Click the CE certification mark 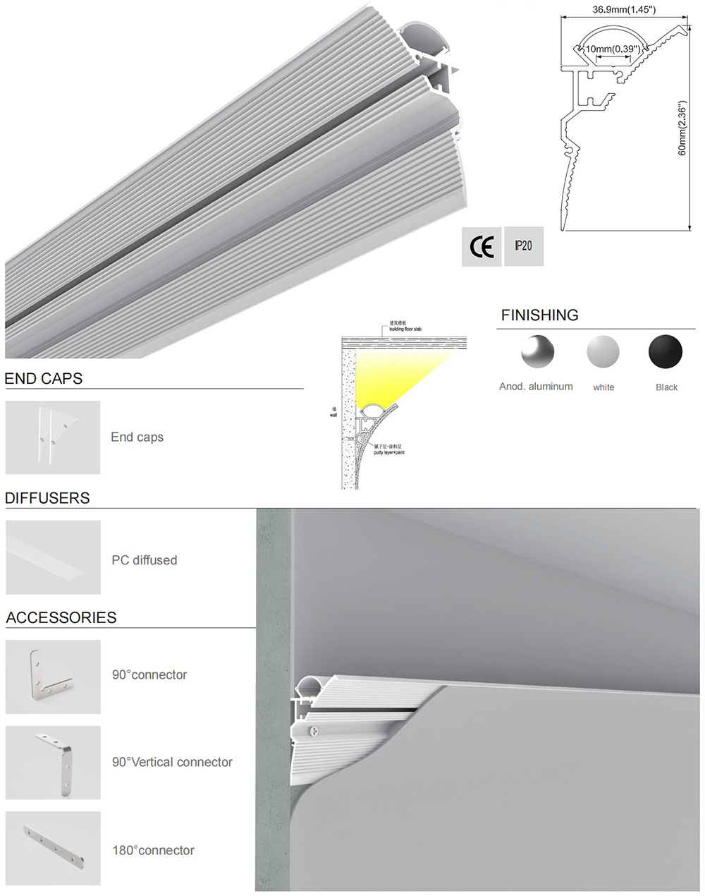pyautogui.click(x=482, y=247)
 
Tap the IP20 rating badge pyautogui.click(x=524, y=246)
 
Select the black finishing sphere pyautogui.click(x=666, y=351)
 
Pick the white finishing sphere pyautogui.click(x=603, y=351)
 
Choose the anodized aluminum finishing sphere pyautogui.click(x=537, y=351)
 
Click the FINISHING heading pyautogui.click(x=539, y=315)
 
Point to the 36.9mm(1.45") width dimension pyautogui.click(x=624, y=10)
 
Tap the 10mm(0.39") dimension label pyautogui.click(x=613, y=49)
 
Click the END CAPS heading pyautogui.click(x=44, y=379)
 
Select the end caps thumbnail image pyautogui.click(x=53, y=437)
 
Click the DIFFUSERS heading pyautogui.click(x=47, y=498)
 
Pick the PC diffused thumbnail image pyautogui.click(x=53, y=557)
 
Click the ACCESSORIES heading pyautogui.click(x=61, y=617)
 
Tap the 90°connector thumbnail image pyautogui.click(x=53, y=677)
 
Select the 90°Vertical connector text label pyautogui.click(x=172, y=762)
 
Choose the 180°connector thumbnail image pyautogui.click(x=53, y=848)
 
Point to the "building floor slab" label pyautogui.click(x=405, y=329)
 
